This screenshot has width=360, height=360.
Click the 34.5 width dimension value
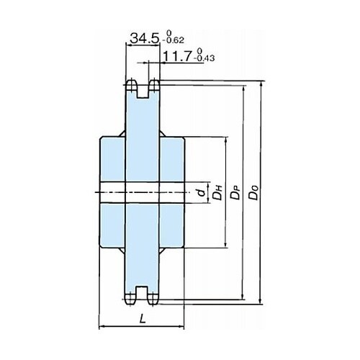pyautogui.click(x=144, y=38)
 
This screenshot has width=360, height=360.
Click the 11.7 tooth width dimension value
pyautogui.click(x=177, y=56)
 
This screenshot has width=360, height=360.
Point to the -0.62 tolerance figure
pyautogui.click(x=174, y=40)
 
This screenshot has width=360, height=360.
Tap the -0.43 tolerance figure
pyautogui.click(x=204, y=58)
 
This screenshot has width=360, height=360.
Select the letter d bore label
pyautogui.click(x=202, y=192)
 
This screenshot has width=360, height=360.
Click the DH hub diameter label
pyautogui.click(x=218, y=192)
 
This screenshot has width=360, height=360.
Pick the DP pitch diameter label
pyautogui.click(x=235, y=192)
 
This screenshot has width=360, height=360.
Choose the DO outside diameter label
pyautogui.click(x=253, y=192)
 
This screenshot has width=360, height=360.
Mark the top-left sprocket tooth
pyautogui.click(x=131, y=86)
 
